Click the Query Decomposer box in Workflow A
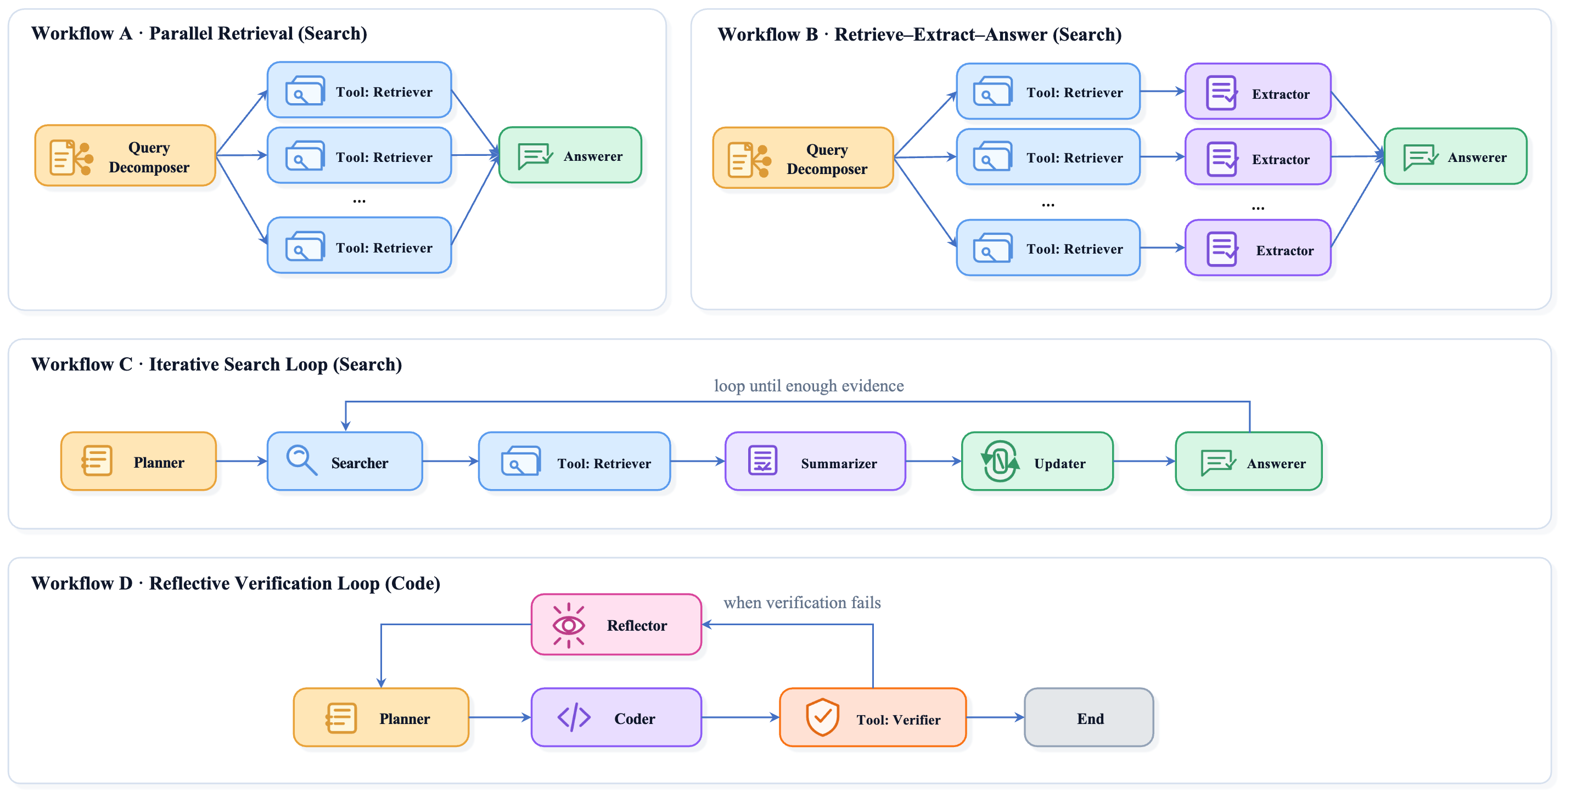125,155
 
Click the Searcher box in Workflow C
345,462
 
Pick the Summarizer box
815,462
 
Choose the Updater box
1037,462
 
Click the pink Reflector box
616,625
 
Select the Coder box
616,718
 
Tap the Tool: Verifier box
873,718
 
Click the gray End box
1089,718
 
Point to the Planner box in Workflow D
381,718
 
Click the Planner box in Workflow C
138,462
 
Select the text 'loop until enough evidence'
809,386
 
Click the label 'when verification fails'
802,603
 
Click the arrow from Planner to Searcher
242,462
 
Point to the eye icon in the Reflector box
568,625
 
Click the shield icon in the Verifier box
822,717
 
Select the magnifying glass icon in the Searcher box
302,461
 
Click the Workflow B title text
919,35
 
